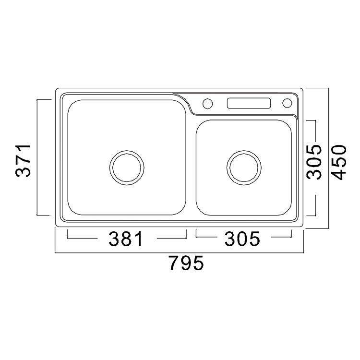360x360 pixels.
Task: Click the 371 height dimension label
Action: click(23, 161)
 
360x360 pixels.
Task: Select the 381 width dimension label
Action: click(125, 239)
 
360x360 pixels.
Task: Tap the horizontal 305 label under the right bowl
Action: click(242, 239)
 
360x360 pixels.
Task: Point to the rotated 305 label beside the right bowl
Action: click(314, 162)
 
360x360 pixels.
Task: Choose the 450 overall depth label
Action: click(339, 162)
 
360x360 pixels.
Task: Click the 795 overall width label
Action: click(186, 263)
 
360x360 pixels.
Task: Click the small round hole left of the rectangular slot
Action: click(207, 103)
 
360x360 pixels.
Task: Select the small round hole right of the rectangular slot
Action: click(287, 103)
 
